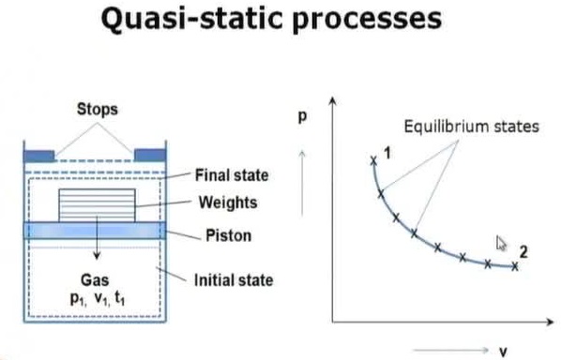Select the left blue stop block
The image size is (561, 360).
click(x=39, y=154)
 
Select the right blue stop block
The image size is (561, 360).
click(x=149, y=154)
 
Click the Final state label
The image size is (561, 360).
click(x=232, y=175)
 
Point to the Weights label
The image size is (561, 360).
click(x=228, y=202)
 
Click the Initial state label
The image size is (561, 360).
click(x=233, y=278)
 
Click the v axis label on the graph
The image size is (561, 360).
click(x=503, y=351)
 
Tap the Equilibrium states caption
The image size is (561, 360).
click(x=472, y=127)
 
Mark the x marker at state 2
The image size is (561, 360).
click(x=515, y=265)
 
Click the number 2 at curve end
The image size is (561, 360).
click(x=523, y=250)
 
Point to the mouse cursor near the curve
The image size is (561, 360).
click(x=501, y=244)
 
